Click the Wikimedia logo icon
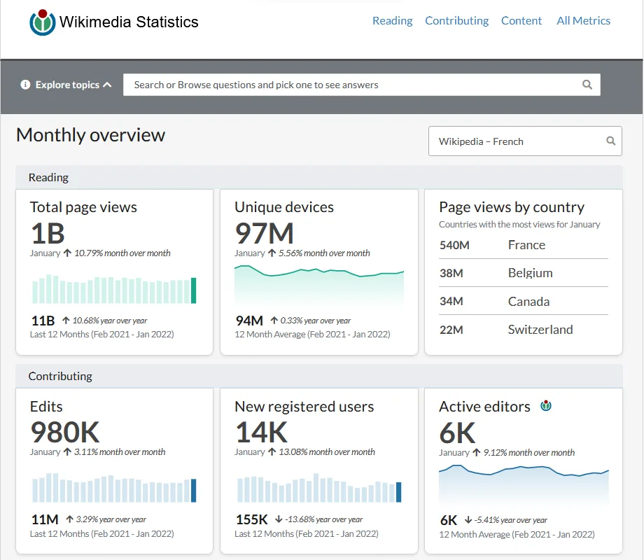click(x=42, y=22)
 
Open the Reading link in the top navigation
click(x=392, y=20)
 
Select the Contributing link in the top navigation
click(x=456, y=20)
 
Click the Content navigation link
click(x=521, y=20)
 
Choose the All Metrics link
click(x=583, y=20)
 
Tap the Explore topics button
click(x=66, y=85)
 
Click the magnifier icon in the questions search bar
click(x=587, y=85)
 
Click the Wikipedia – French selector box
click(x=525, y=141)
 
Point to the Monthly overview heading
click(x=90, y=135)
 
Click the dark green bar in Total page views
click(x=193, y=290)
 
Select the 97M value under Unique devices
click(x=264, y=233)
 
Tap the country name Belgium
click(x=530, y=273)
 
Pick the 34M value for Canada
click(x=451, y=301)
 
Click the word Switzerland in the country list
click(x=540, y=330)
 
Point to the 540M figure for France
click(x=454, y=245)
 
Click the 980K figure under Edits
click(x=65, y=432)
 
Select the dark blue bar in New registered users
click(x=398, y=492)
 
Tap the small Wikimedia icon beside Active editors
click(x=546, y=406)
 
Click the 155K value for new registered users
click(x=252, y=519)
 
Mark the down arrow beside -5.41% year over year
click(x=468, y=520)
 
